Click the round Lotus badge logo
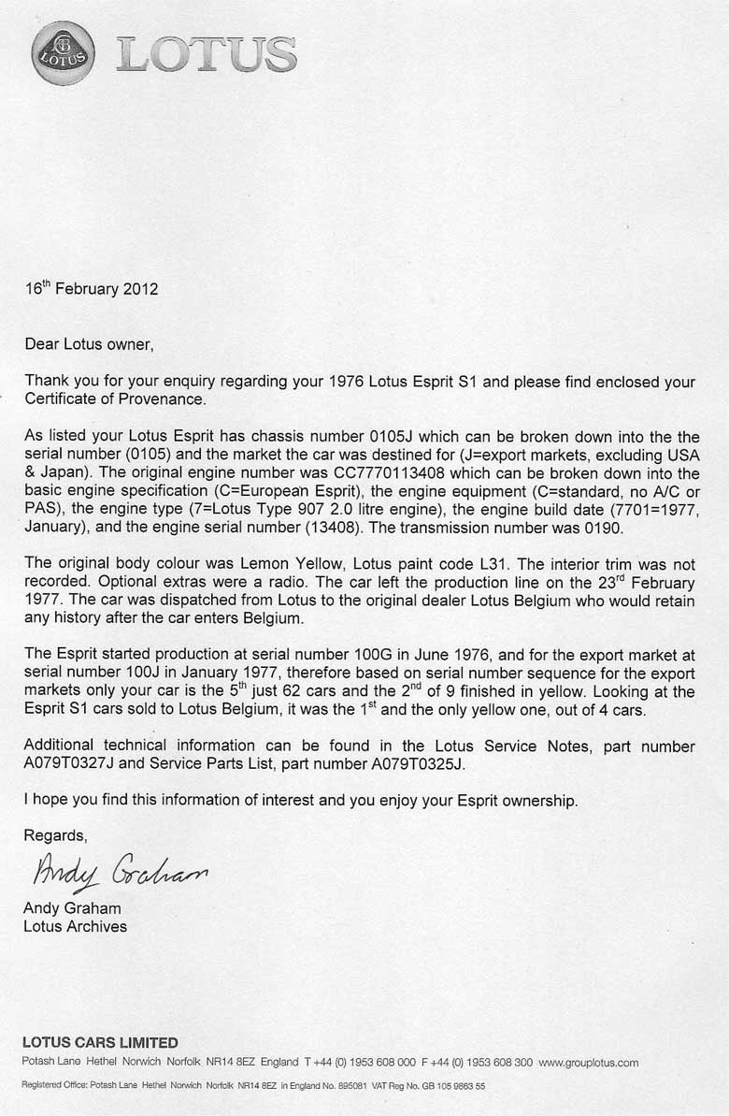63,53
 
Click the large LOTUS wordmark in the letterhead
207,55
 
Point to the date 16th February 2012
92,288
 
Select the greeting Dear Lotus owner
88,344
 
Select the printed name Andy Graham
72,908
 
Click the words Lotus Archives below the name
76,926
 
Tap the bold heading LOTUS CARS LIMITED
100,1042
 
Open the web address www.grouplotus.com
588,1063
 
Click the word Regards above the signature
55,835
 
